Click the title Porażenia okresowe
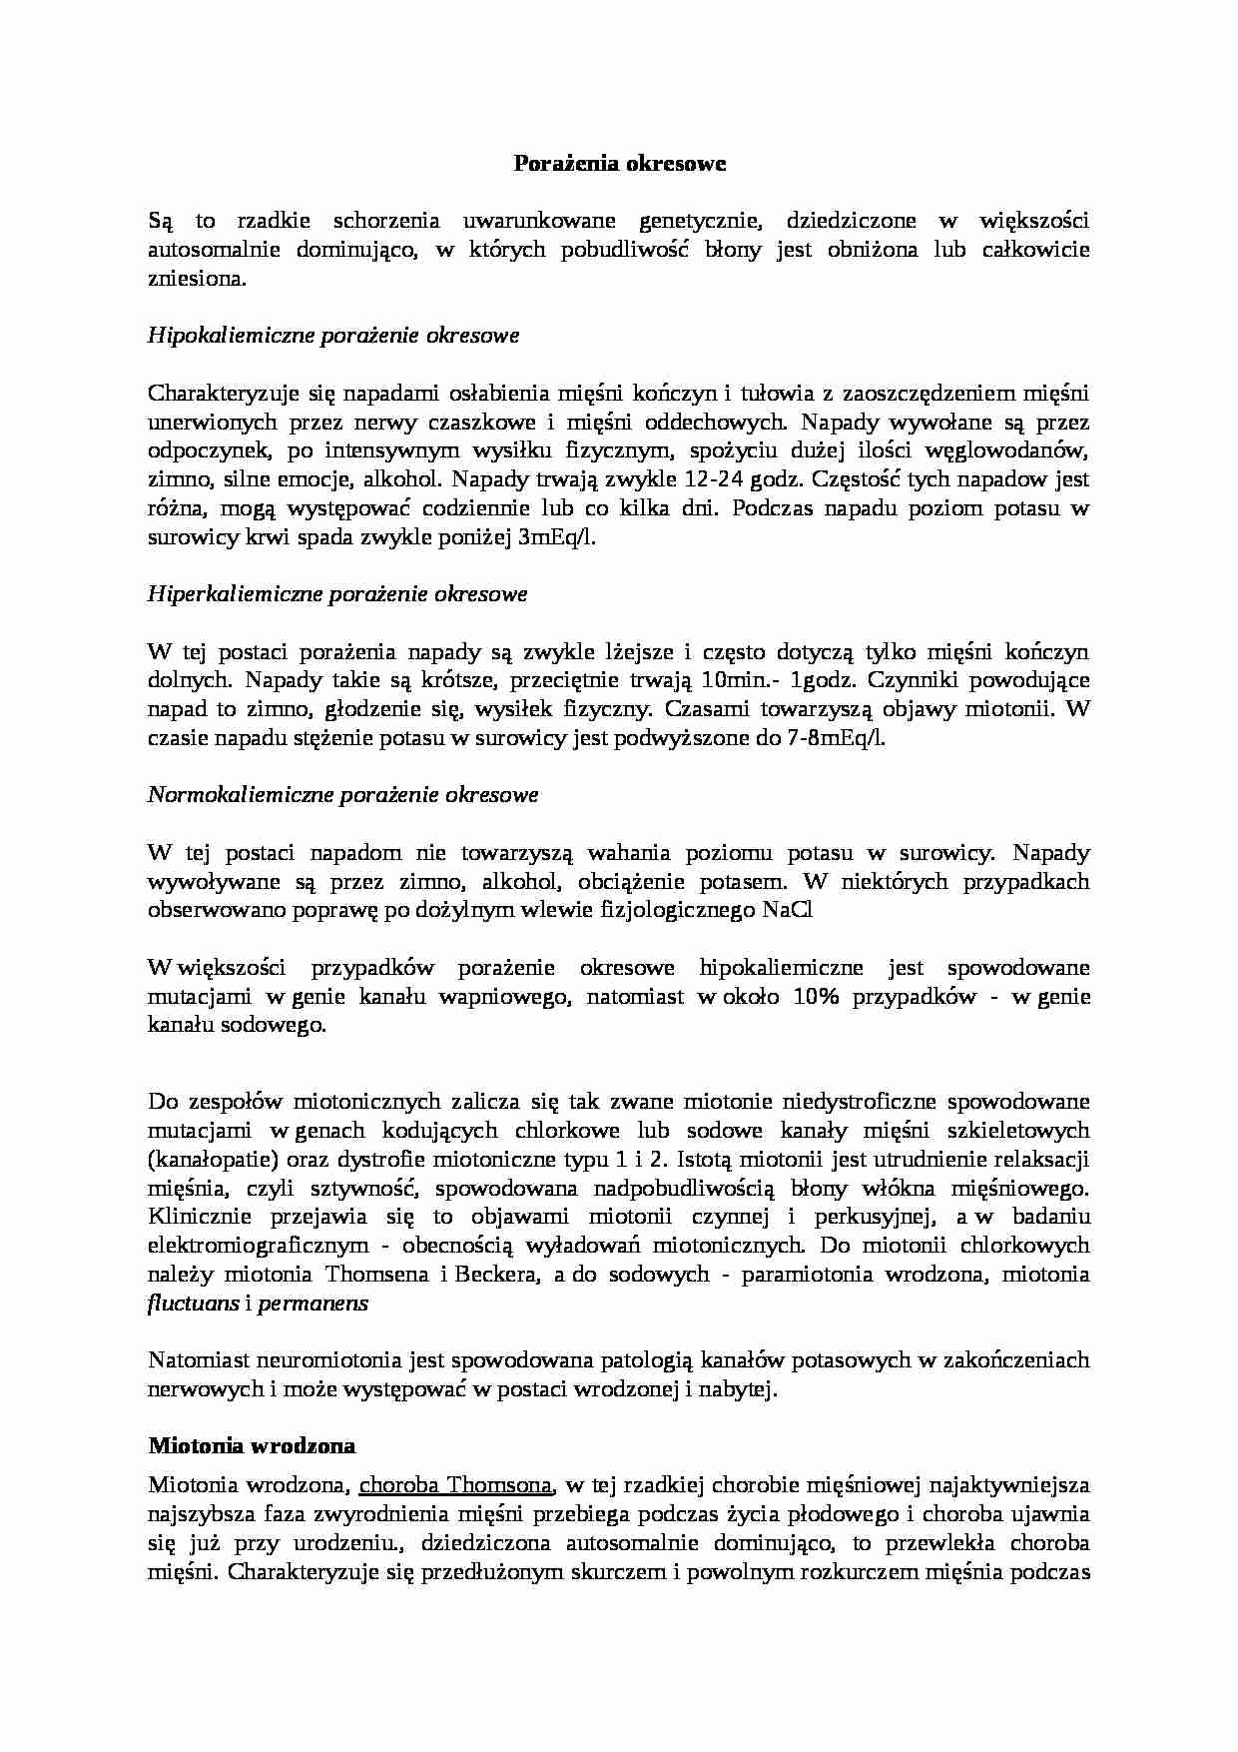click(x=619, y=163)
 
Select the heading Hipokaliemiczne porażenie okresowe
click(x=333, y=336)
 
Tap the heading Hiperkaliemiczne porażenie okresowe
click(x=337, y=594)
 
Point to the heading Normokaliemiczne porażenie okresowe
click(x=342, y=795)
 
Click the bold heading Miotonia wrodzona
click(x=252, y=1446)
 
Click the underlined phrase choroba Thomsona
click(x=456, y=1484)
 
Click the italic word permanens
click(x=313, y=1304)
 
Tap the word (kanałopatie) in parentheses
click(x=205, y=1160)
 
